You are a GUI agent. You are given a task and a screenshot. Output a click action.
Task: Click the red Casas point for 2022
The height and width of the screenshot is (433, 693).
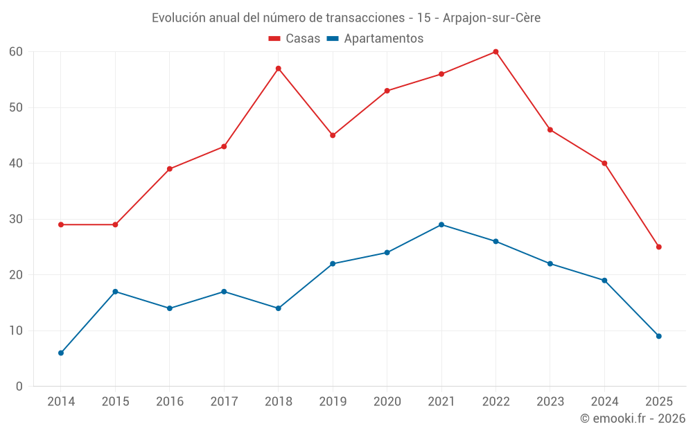495,52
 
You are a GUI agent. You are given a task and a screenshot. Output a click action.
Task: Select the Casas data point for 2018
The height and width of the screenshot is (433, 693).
278,69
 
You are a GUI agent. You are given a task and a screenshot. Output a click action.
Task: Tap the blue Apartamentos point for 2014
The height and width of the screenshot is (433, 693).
61,353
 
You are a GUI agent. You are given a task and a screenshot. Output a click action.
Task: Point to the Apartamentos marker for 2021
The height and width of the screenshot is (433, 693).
441,224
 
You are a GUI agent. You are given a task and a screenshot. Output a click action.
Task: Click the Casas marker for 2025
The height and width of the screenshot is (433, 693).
658,247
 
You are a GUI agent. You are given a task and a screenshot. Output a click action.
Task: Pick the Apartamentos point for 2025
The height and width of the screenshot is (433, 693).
658,336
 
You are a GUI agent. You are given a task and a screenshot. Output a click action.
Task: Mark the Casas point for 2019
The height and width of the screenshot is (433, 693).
333,135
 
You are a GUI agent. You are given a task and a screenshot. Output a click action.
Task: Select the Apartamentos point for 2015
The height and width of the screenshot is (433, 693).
115,292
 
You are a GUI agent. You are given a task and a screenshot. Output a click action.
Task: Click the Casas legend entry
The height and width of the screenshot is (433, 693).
295,39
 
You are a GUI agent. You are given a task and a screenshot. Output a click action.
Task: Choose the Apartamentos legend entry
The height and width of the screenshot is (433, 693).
375,39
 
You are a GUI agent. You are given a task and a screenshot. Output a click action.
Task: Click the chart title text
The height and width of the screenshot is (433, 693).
346,18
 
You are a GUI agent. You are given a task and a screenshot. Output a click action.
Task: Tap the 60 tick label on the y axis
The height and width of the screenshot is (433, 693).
16,52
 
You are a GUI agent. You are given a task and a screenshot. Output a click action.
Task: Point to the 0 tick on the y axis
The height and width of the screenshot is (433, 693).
19,387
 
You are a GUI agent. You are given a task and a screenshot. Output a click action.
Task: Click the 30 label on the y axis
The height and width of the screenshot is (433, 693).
16,219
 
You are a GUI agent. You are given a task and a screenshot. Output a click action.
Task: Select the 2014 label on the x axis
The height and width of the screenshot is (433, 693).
61,402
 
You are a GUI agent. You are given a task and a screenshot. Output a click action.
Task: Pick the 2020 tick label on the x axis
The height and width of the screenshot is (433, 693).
387,402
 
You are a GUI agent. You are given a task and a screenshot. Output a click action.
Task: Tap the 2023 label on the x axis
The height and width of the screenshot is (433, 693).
550,402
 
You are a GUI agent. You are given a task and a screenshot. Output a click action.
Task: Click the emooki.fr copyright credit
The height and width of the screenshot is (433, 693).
632,418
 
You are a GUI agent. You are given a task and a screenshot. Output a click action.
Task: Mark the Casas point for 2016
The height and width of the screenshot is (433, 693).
169,168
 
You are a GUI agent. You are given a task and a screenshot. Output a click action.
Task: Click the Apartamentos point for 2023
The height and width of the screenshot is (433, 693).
550,263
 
